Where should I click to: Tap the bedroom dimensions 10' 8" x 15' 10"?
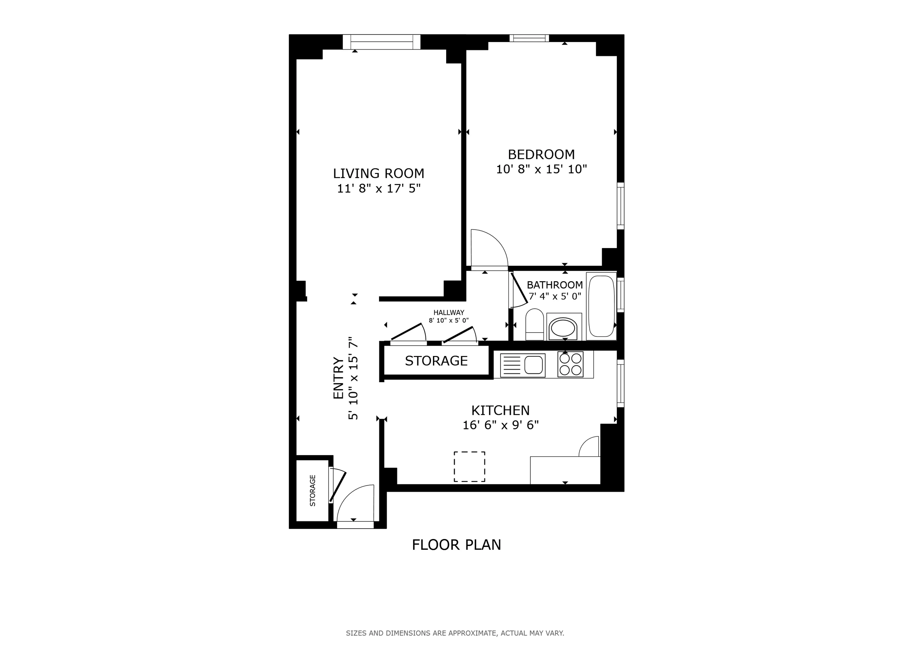pyautogui.click(x=541, y=169)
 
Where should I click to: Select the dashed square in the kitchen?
pyautogui.click(x=469, y=467)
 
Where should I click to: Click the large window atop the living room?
pyautogui.click(x=381, y=42)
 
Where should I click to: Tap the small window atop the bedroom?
pyautogui.click(x=529, y=38)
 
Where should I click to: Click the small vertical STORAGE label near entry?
pyautogui.click(x=313, y=490)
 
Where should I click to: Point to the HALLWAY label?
pyautogui.click(x=449, y=313)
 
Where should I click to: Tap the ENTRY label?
pyautogui.click(x=338, y=378)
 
